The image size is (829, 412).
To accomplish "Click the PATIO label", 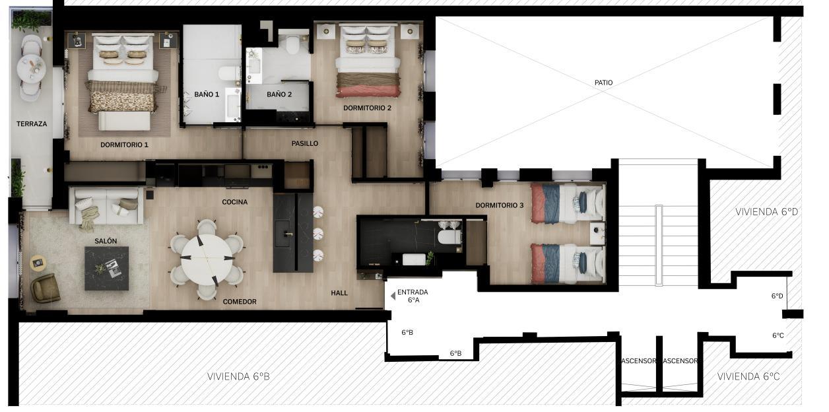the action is pos(603,83).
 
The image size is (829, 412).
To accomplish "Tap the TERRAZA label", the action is pos(32,123).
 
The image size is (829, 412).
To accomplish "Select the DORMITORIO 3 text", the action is pos(499,205).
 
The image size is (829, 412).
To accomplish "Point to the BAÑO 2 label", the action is pos(279,94).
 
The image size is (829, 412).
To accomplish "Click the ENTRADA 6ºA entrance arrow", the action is pos(393,296).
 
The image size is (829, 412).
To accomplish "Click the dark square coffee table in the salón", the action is pos(106,268).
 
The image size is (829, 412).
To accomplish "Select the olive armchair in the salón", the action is pos(45,288).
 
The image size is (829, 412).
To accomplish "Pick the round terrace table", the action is pos(31,68).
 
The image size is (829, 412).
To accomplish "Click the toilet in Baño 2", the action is pos(294,44).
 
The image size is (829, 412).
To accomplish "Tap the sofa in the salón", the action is pos(106,206).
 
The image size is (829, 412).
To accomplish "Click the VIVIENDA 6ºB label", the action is pos(238,376).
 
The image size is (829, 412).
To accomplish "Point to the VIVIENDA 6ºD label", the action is pos(766,212).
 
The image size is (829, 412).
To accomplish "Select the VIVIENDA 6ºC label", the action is pos(748,376).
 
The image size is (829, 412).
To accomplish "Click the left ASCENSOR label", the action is pos(640,360).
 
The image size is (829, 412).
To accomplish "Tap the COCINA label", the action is pos(234,202).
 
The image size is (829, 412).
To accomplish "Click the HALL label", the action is pos(339,292).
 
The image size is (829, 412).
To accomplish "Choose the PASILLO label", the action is pos(304,143).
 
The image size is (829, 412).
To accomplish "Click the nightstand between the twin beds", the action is pos(597,233).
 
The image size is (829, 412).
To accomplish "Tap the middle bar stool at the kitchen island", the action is pos(318,234).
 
